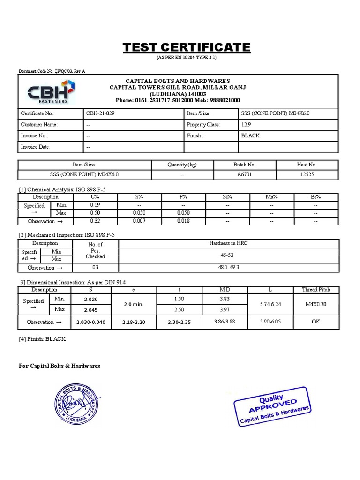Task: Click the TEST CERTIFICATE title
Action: [187, 47]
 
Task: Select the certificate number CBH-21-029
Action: [100, 113]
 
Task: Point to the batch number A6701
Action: [244, 174]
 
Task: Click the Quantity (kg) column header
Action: [182, 165]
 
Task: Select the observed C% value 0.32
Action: [96, 221]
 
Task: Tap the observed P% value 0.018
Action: [183, 221]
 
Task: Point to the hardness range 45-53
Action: [228, 256]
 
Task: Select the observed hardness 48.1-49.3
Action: [228, 268]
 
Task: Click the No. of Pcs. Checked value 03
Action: [95, 268]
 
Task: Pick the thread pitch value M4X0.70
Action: [315, 304]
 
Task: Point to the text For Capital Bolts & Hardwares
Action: [60, 366]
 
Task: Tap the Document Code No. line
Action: [52, 71]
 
